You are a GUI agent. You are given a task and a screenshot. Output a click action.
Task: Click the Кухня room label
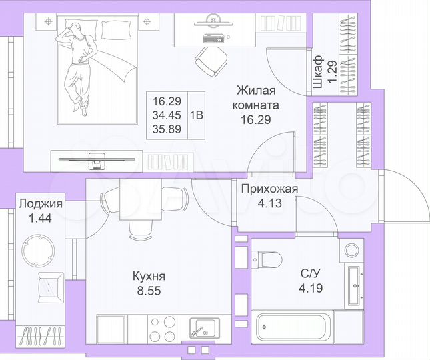148,276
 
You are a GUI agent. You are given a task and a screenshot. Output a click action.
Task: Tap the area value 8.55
148,291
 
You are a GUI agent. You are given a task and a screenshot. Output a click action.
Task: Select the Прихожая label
269,189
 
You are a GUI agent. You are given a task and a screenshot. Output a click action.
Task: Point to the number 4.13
269,205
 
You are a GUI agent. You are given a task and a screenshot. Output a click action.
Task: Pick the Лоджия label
41,204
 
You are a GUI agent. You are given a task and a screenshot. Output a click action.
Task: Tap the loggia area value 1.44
41,218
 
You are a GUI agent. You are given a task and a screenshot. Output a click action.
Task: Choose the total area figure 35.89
167,128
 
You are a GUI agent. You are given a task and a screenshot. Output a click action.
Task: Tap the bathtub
291,327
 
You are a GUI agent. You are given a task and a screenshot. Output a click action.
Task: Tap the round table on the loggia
41,245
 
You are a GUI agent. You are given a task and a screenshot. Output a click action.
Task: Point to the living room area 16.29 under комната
257,120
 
